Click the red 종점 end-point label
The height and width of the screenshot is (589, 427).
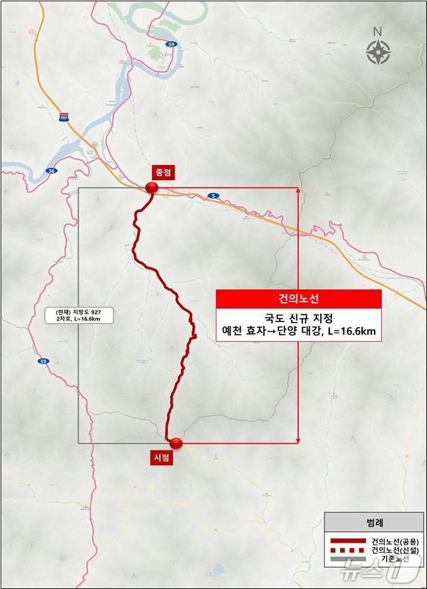tap(163, 171)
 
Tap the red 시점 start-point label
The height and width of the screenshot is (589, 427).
tap(162, 457)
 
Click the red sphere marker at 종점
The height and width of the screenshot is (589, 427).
tap(152, 189)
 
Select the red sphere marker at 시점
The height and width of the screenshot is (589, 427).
tap(175, 443)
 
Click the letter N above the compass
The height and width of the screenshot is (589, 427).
tap(377, 31)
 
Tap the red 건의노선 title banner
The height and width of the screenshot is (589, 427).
tap(298, 299)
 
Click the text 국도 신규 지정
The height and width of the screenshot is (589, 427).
tap(298, 319)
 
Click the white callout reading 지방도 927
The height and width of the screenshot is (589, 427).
tap(80, 315)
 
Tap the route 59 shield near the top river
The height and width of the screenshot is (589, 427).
tap(172, 44)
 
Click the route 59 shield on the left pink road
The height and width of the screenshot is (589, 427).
tap(43, 362)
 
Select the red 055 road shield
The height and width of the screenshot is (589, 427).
tap(64, 117)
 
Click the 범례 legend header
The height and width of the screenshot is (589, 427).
tap(374, 523)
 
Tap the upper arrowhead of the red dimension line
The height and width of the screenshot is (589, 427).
tap(298, 191)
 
